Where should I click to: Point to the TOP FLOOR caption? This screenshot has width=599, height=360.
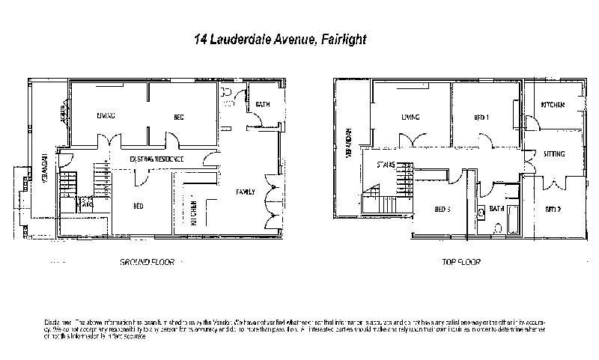pyautogui.click(x=462, y=262)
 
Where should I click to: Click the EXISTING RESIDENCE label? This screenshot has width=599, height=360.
pyautogui.click(x=157, y=160)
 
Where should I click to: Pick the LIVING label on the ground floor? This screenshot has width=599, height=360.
pyautogui.click(x=105, y=116)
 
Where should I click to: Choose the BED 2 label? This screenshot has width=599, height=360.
pyautogui.click(x=553, y=208)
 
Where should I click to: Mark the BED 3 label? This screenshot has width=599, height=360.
pyautogui.click(x=443, y=209)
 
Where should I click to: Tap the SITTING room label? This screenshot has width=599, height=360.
pyautogui.click(x=553, y=153)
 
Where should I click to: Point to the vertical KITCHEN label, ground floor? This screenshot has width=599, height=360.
pyautogui.click(x=192, y=212)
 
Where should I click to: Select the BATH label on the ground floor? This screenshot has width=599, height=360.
pyautogui.click(x=263, y=104)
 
